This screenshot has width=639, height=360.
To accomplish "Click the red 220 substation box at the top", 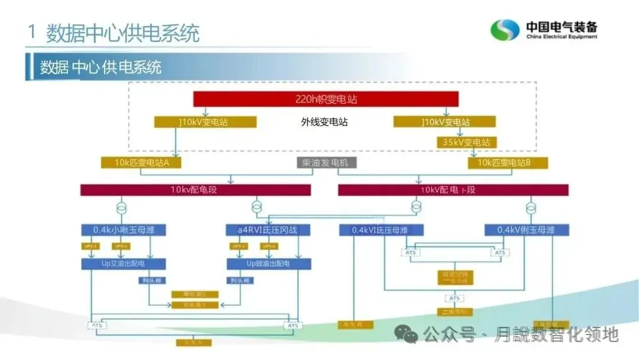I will pos(325,99).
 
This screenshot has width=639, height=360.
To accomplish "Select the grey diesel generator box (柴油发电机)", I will pos(326,162).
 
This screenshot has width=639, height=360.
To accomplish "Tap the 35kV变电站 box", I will pos(466,142).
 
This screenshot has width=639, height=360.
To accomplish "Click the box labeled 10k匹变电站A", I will pos(140,162).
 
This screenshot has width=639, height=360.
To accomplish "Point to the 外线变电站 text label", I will pos(324,122).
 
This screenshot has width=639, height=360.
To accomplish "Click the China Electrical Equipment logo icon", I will pos(505,30).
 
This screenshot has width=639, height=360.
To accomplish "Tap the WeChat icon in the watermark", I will pos(407,335).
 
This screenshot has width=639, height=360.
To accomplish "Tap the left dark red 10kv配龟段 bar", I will pos(195,190).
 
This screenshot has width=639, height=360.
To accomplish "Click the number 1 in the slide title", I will pos(31,33).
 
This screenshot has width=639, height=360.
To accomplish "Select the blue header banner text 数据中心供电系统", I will pos(101,67).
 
